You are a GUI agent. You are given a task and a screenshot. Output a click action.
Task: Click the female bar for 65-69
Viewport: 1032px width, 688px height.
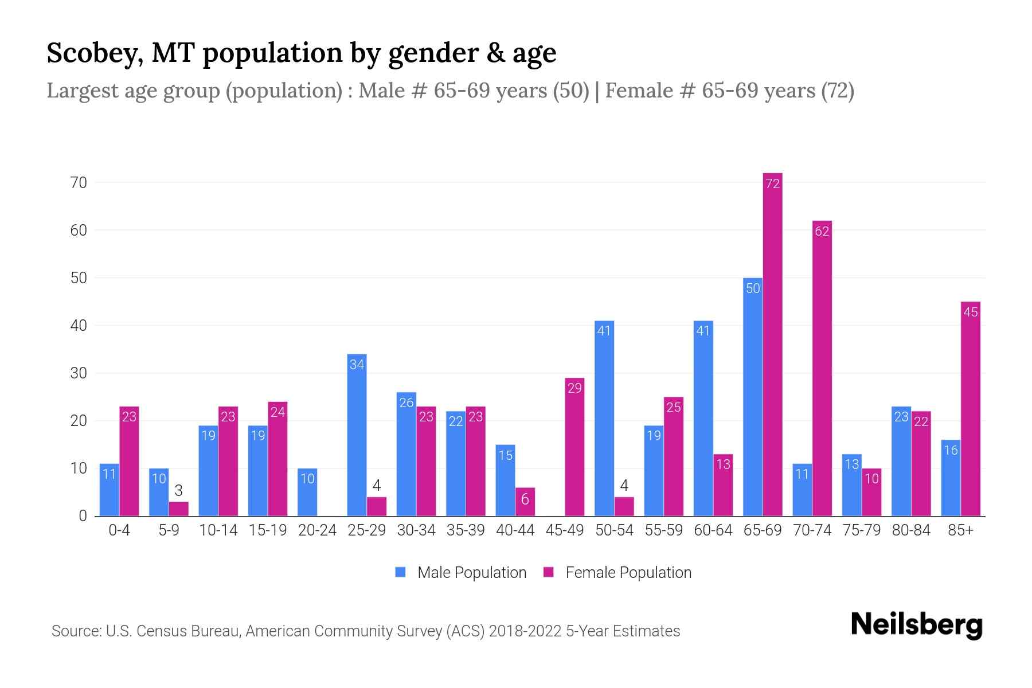pyautogui.click(x=772, y=344)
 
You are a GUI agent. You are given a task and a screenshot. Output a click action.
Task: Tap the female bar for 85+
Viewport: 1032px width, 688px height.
pyautogui.click(x=970, y=408)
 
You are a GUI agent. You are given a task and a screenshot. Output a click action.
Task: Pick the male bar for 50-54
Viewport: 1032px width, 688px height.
pyautogui.click(x=604, y=418)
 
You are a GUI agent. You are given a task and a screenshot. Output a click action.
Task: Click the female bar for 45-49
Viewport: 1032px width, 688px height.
pyautogui.click(x=574, y=447)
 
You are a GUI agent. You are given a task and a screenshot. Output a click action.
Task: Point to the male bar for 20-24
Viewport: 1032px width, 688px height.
pyautogui.click(x=307, y=492)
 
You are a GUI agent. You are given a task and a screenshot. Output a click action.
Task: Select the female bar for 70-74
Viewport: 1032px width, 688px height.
pyautogui.click(x=822, y=368)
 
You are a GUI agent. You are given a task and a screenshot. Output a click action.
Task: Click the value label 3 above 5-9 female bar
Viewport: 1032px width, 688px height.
pyautogui.click(x=178, y=491)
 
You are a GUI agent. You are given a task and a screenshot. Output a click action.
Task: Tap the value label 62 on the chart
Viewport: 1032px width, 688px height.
pyautogui.click(x=822, y=232)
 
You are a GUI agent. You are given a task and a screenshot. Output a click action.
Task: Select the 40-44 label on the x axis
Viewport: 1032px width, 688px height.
pyautogui.click(x=515, y=530)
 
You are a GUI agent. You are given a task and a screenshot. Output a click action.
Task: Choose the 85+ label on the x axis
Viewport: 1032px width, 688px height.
pyautogui.click(x=960, y=530)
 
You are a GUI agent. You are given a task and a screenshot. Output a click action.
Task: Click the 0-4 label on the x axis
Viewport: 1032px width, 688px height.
pyautogui.click(x=119, y=530)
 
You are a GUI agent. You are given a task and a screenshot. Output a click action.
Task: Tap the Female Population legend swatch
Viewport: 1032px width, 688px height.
pyautogui.click(x=549, y=572)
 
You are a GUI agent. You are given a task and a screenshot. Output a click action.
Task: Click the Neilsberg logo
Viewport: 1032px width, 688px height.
pyautogui.click(x=916, y=625)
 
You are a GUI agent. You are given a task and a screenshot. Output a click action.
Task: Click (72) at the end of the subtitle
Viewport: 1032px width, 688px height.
pyautogui.click(x=837, y=91)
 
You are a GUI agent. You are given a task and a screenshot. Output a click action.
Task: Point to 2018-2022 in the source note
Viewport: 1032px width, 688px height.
pyautogui.click(x=525, y=631)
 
